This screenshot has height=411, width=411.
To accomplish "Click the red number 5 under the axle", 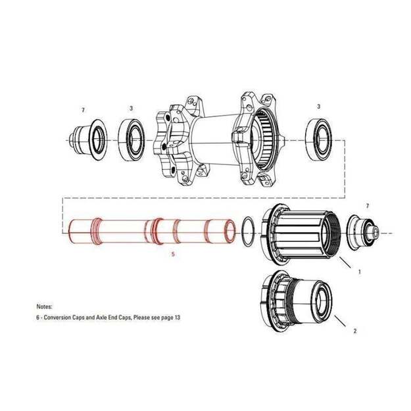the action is pyautogui.click(x=173, y=254).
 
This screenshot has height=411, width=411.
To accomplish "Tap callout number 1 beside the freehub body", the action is pyautogui.click(x=359, y=272).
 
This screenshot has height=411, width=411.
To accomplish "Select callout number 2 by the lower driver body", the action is pyautogui.click(x=355, y=331).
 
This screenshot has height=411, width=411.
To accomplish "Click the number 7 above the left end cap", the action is pyautogui.click(x=83, y=110).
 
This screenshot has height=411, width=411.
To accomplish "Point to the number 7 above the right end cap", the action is pyautogui.click(x=367, y=206).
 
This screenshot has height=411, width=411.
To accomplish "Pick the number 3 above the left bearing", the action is pyautogui.click(x=131, y=109).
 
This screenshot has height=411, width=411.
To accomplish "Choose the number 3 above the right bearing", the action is pyautogui.click(x=318, y=107).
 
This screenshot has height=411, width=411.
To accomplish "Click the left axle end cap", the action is pyautogui.click(x=88, y=140).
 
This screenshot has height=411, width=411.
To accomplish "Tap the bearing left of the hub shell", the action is pyautogui.click(x=131, y=139).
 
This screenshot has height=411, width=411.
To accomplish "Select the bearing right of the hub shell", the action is pyautogui.click(x=319, y=139).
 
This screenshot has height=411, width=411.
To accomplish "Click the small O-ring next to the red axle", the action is pyautogui.click(x=247, y=231).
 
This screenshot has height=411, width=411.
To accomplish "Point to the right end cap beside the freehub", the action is pyautogui.click(x=362, y=230).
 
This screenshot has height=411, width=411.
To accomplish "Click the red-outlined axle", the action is pyautogui.click(x=152, y=231).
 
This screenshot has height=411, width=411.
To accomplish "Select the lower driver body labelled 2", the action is pyautogui.click(x=297, y=299).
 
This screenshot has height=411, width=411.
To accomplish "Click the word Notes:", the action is pyautogui.click(x=44, y=306).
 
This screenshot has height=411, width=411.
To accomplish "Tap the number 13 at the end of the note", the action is pyautogui.click(x=177, y=318).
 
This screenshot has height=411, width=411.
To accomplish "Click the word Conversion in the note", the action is pyautogui.click(x=57, y=318).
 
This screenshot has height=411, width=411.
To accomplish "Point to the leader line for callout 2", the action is pyautogui.click(x=340, y=321).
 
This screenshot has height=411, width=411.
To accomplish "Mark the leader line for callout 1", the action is pyautogui.click(x=345, y=262).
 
